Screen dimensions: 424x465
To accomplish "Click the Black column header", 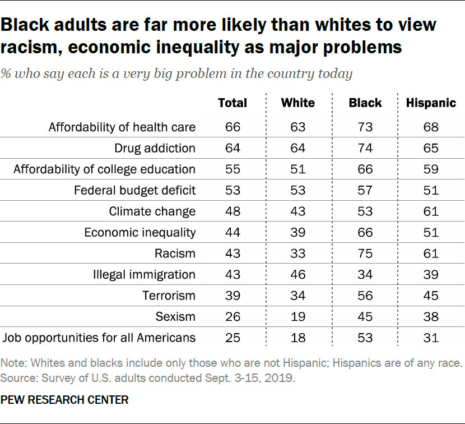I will click(x=365, y=103).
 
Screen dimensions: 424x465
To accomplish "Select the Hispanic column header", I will click(x=431, y=103).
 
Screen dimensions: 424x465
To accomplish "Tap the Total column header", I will click(x=232, y=103).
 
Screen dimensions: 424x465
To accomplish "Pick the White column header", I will click(x=297, y=103).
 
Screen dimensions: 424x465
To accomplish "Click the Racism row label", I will click(x=175, y=254).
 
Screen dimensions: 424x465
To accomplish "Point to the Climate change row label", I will click(x=152, y=211).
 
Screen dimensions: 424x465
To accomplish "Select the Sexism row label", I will click(x=176, y=317).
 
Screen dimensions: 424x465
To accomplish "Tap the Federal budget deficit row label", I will click(x=135, y=191).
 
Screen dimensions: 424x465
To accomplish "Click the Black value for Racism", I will click(x=365, y=254).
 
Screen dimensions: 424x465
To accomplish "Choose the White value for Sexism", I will click(x=297, y=317).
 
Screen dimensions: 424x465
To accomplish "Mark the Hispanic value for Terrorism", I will click(x=431, y=296).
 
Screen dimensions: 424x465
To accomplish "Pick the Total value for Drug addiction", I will click(x=232, y=149).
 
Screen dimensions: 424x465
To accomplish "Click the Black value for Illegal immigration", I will click(x=365, y=275).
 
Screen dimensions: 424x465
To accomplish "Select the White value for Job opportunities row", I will click(x=297, y=338).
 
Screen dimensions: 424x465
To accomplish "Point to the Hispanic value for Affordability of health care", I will click(x=431, y=127).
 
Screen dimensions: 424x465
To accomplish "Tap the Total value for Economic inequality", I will click(x=232, y=233).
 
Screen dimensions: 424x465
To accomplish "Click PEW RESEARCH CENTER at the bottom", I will click(x=64, y=400).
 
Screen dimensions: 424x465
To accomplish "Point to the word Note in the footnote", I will click(x=12, y=364).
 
